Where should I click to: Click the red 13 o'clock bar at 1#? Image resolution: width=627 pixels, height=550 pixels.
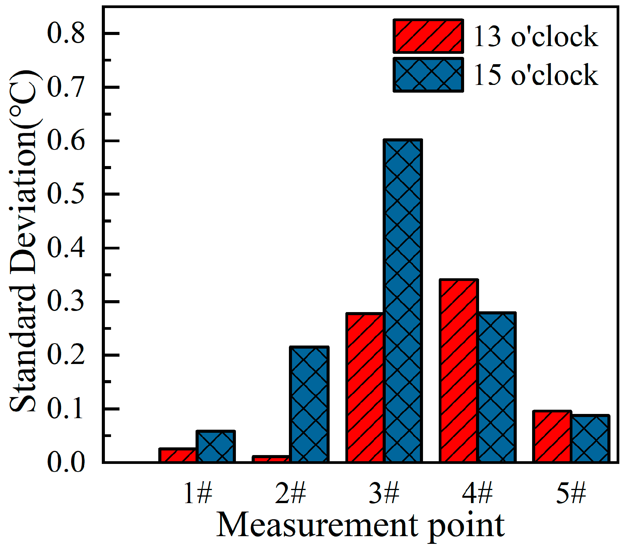tap(178, 455)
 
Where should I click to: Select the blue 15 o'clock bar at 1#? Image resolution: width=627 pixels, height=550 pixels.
tap(216, 447)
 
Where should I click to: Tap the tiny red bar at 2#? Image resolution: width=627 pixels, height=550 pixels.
tap(271, 459)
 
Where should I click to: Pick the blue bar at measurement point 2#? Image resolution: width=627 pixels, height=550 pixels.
tap(309, 404)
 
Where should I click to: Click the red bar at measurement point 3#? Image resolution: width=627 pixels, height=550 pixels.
tap(365, 387)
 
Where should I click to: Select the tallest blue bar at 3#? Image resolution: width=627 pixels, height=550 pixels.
tap(403, 301)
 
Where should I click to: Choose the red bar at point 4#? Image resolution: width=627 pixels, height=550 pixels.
tap(459, 371)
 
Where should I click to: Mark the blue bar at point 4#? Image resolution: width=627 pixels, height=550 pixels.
tap(497, 387)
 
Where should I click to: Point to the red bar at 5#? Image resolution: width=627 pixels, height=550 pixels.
tap(552, 437)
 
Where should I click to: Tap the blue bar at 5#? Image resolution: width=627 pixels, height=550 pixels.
tap(590, 439)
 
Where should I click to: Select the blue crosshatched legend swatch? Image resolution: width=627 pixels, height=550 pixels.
tap(428, 75)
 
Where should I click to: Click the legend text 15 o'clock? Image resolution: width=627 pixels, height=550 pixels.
tap(536, 75)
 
